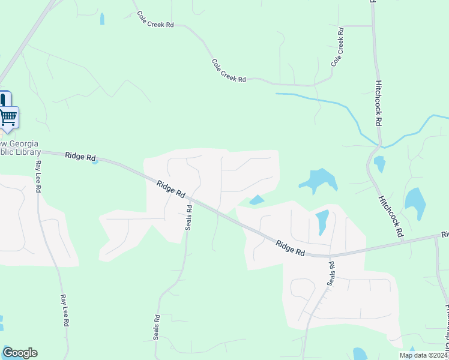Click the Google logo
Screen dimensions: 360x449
(x=20, y=353)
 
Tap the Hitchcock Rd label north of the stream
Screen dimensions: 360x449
(x=378, y=103)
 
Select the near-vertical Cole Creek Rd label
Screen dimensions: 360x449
(x=338, y=46)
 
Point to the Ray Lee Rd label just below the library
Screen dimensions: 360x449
(x=38, y=176)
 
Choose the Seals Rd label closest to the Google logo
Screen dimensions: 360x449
(x=156, y=328)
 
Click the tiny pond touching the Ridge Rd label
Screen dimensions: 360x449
(x=95, y=161)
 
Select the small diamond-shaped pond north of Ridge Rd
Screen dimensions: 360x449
(x=256, y=200)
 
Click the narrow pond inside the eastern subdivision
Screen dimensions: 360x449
(x=322, y=221)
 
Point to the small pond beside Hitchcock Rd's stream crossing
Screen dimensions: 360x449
(x=379, y=163)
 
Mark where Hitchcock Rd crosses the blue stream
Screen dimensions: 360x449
(x=379, y=145)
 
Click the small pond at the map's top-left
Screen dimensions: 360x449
(x=102, y=19)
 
